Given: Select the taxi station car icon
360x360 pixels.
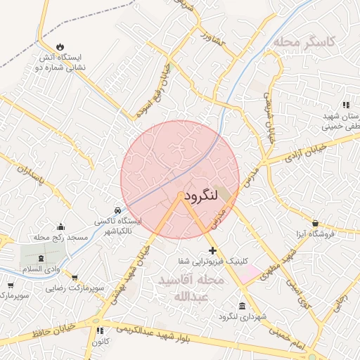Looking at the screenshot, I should point(117,210).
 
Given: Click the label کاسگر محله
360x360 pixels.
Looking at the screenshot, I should point(305,42).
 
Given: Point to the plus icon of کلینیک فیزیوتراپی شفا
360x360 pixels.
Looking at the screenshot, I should point(212,251).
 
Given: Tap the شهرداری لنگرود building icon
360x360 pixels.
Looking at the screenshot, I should point(243,306).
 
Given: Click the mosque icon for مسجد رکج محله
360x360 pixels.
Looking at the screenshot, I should point(61,227).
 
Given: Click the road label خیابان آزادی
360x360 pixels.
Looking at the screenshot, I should point(307,154).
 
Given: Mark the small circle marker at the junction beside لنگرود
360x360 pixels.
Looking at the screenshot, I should point(181,195).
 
